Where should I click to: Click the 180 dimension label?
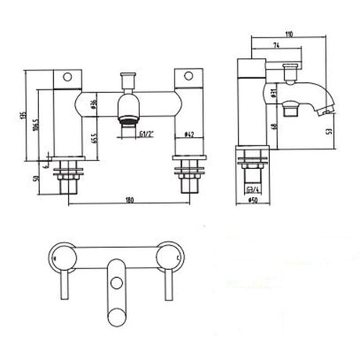pyautogui.click(x=128, y=200)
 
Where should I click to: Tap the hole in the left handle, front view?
pyautogui.click(x=67, y=77)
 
